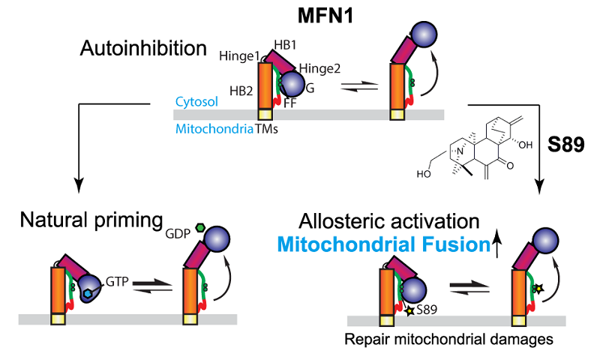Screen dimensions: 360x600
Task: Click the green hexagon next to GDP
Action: click(x=200, y=226)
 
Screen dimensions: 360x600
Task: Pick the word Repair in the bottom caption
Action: click(x=364, y=340)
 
